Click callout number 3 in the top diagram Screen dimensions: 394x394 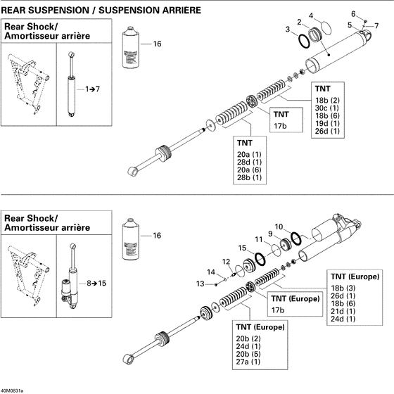(x=288, y=29)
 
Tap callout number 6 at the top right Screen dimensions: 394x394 (x=354, y=13)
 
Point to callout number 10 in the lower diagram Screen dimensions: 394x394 (x=278, y=226)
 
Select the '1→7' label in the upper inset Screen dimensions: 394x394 (x=93, y=90)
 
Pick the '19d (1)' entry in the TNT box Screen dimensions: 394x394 (x=327, y=123)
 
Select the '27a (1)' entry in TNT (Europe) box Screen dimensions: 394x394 (x=252, y=362)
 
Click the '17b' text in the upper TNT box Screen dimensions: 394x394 (x=281, y=125)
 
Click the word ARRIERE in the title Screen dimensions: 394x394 (x=175, y=11)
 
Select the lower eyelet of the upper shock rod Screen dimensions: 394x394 (x=132, y=171)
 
